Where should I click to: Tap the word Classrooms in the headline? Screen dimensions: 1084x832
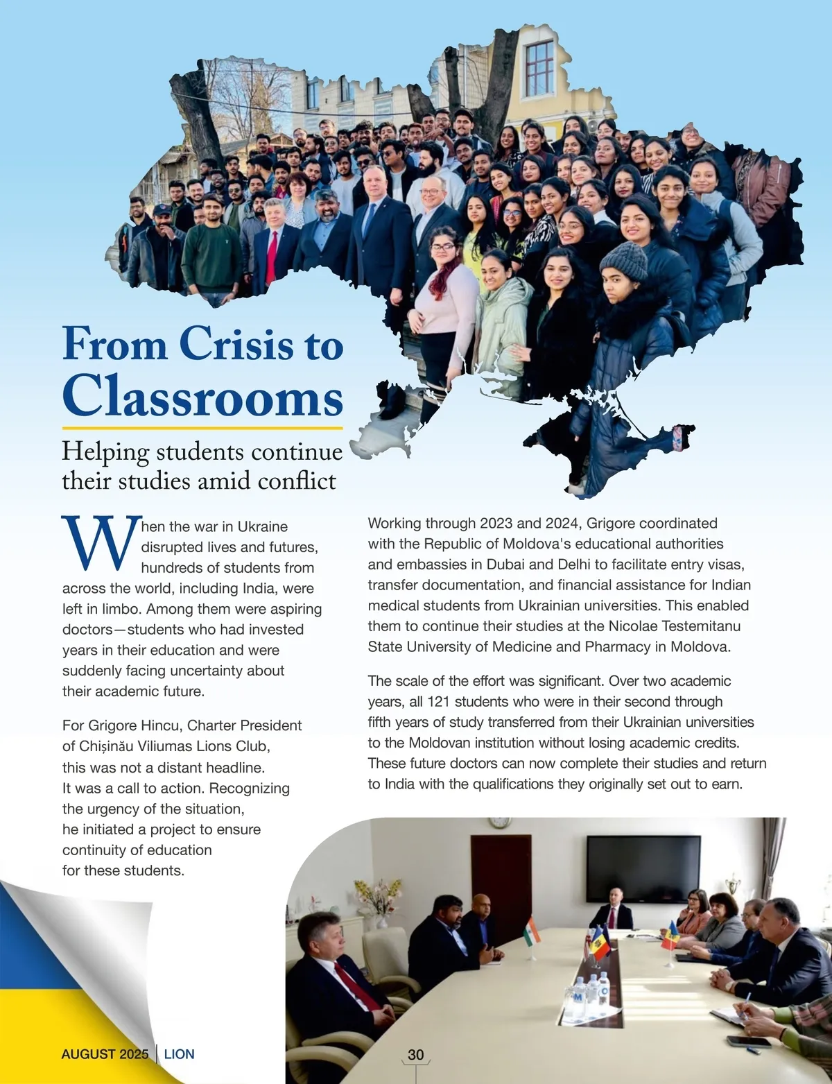(x=202, y=395)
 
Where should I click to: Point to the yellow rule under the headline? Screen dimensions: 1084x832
(x=202, y=429)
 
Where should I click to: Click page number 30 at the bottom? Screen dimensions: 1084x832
(x=415, y=1054)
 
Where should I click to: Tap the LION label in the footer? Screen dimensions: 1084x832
(x=179, y=1054)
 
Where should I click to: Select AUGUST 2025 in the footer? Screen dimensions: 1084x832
(x=105, y=1054)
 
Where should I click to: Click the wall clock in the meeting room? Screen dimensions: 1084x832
(x=499, y=823)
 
